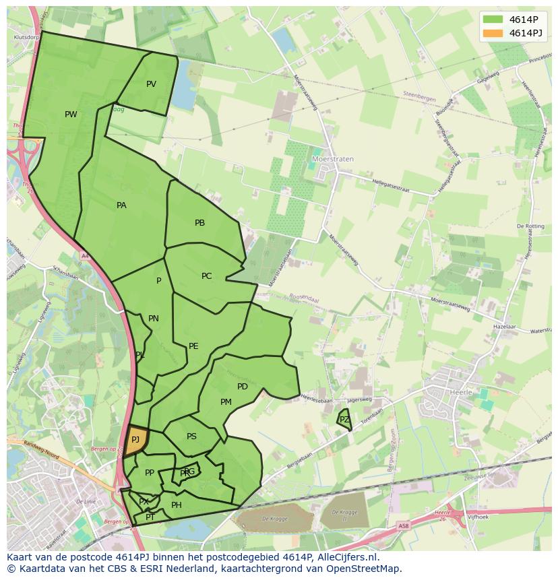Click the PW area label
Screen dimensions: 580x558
pyautogui.click(x=71, y=115)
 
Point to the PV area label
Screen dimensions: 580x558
pyautogui.click(x=151, y=84)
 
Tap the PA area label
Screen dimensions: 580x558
pyautogui.click(x=121, y=205)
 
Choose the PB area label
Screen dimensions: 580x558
pyautogui.click(x=199, y=223)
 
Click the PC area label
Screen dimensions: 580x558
pyautogui.click(x=206, y=276)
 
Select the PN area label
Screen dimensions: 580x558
pyautogui.click(x=154, y=319)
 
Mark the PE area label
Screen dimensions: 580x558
pyautogui.click(x=193, y=346)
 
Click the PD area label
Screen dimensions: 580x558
pyautogui.click(x=243, y=387)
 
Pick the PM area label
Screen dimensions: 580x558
pyautogui.click(x=226, y=402)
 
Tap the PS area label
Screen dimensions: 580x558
pyautogui.click(x=191, y=437)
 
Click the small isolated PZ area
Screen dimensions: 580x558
pyautogui.click(x=344, y=420)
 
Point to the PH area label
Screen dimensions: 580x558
pyautogui.click(x=177, y=505)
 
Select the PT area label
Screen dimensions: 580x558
pyautogui.click(x=150, y=517)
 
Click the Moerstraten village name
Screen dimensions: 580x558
pyautogui.click(x=333, y=160)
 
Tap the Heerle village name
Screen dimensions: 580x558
pyautogui.click(x=462, y=391)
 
